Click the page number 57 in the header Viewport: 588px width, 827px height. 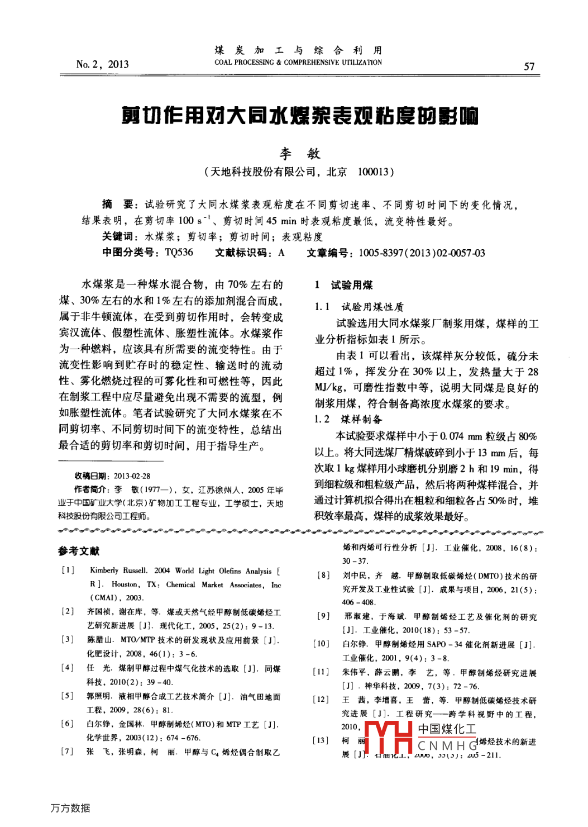pos(529,66)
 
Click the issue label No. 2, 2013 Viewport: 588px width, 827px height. pos(102,64)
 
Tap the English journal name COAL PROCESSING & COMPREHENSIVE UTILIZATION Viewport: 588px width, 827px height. pos(298,63)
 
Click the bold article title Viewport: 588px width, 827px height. pos(300,116)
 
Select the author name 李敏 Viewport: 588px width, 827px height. pos(300,153)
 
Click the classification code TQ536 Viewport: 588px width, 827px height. pos(179,253)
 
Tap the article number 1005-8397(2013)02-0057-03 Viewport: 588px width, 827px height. pos(422,253)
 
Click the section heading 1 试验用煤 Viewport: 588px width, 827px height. pos(343,285)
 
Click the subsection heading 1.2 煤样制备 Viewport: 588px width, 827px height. pos(348,419)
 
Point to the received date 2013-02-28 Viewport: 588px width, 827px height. pos(132,476)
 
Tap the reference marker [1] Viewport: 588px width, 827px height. pos(68,570)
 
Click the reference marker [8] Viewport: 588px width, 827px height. pos(323,575)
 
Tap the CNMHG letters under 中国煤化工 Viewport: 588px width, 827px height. pos(447,745)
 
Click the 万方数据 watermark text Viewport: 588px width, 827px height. pos(70,808)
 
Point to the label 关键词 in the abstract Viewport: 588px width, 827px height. pos(118,236)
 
